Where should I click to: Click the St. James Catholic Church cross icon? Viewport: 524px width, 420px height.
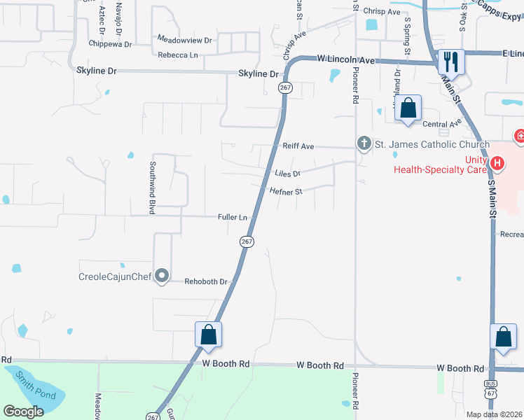tap(364, 144)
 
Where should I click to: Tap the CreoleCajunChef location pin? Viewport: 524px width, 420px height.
tap(162, 276)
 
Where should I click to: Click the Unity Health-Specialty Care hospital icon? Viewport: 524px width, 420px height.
tap(497, 164)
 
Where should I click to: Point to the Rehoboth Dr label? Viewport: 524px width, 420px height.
tap(207, 281)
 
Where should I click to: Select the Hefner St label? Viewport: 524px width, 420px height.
tap(286, 191)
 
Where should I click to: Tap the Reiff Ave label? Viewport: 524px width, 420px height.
tap(298, 147)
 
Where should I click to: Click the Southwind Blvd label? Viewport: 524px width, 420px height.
tap(151, 188)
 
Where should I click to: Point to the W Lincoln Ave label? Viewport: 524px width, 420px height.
tap(346, 60)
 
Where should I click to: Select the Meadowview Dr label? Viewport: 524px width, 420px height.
tap(184, 41)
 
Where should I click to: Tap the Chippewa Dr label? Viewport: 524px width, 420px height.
tap(110, 43)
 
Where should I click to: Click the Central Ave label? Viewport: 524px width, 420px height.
tap(443, 124)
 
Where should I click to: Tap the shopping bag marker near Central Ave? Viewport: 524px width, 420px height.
tap(408, 108)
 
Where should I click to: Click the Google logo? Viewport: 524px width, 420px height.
tap(24, 412)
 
